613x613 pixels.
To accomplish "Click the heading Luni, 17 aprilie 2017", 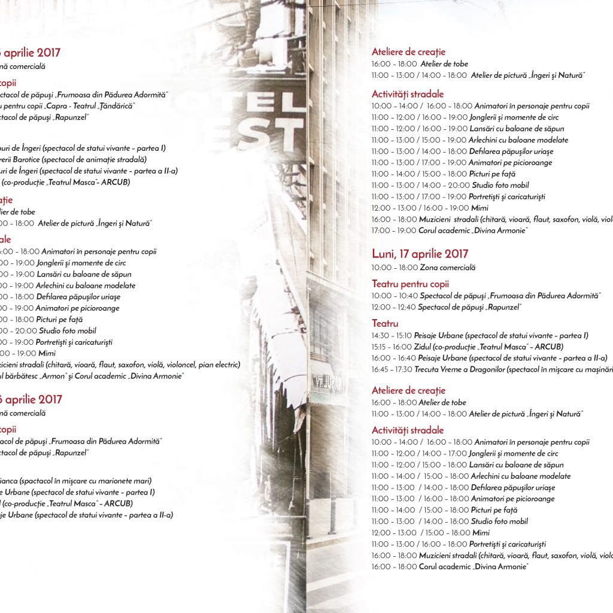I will pyautogui.click(x=420, y=254).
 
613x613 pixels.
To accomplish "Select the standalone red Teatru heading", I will pyautogui.click(x=385, y=323).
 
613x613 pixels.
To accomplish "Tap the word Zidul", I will pyautogui.click(x=423, y=347).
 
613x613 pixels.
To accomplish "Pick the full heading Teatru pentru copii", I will pyautogui.click(x=410, y=284).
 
